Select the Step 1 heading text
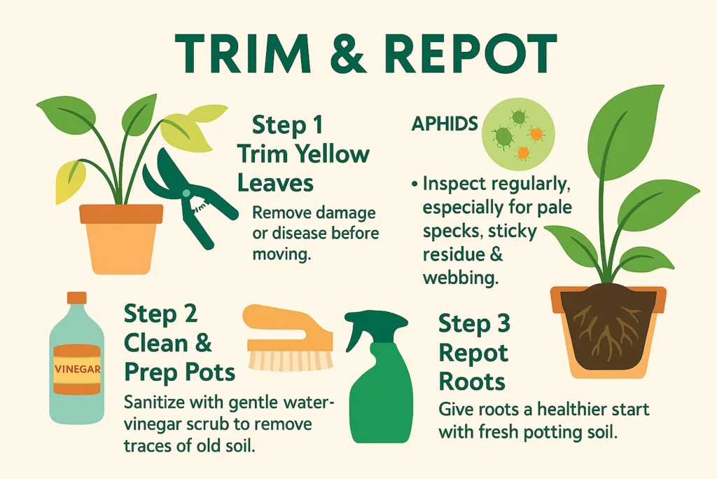pos(288,127)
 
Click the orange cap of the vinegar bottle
pos(76,299)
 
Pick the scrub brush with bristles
pos(287,337)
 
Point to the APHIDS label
pos(445,125)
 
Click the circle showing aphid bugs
pos(519,130)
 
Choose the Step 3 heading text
pos(474,324)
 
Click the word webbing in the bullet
pos(460,277)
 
